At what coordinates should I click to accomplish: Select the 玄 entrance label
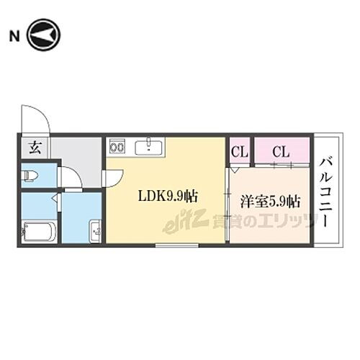pos(34,149)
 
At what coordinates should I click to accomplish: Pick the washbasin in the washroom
pos(95,232)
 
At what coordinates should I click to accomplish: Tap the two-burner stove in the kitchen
pos(117,148)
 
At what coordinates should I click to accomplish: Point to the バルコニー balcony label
pos(327,190)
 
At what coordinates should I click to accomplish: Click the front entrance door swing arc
pos(32,118)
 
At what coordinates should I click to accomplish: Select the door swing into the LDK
pos(114,176)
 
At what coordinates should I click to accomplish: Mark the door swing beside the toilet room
pos(70,177)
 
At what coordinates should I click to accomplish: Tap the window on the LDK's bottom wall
pos(177,245)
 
